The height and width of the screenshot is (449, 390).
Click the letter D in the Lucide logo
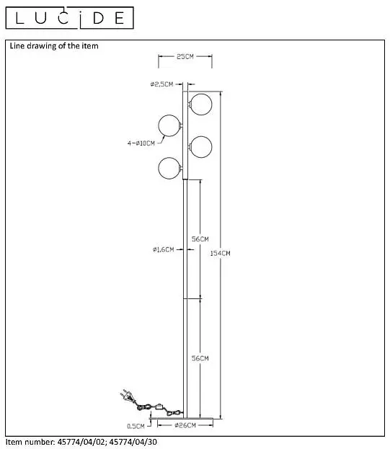click(x=98, y=18)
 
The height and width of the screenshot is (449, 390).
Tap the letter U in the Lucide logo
click(x=40, y=18)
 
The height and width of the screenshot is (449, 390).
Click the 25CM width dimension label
click(x=185, y=56)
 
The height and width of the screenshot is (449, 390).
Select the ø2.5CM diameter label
click(x=162, y=84)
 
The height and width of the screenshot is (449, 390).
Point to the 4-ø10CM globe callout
click(x=141, y=143)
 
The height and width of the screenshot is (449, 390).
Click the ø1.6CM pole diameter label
click(x=163, y=249)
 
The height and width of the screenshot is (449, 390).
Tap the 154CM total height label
click(x=220, y=253)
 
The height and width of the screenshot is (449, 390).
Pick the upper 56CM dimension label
click(x=200, y=239)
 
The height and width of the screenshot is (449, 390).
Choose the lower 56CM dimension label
click(x=200, y=358)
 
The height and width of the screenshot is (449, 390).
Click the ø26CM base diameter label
click(x=185, y=425)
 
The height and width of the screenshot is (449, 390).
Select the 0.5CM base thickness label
click(x=136, y=427)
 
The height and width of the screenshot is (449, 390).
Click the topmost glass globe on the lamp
click(x=201, y=105)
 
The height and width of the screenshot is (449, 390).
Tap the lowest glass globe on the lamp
click(x=169, y=169)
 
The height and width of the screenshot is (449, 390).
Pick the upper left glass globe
click(x=169, y=125)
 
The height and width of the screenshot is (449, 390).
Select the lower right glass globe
click(x=201, y=147)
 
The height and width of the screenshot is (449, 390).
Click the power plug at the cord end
click(x=127, y=395)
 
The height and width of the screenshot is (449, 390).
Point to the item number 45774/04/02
click(x=81, y=442)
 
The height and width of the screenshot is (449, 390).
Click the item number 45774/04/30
click(x=133, y=442)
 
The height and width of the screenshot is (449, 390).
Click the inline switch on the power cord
click(x=159, y=406)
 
